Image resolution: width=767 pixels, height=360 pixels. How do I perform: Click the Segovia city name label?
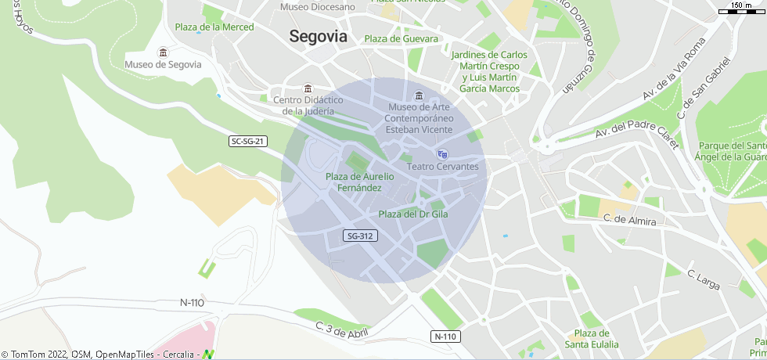coord(318,36)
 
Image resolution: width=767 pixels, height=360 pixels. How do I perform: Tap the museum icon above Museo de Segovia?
coord(163,52)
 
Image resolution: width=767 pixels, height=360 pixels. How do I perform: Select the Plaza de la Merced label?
coord(214,27)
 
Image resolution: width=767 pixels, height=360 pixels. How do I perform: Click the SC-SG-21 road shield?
coord(249,142)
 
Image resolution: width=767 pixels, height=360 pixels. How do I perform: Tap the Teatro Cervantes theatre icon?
coord(442,154)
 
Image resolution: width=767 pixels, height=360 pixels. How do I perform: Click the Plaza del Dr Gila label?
coord(412,214)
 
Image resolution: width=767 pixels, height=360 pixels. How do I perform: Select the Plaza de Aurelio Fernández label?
coord(359,182)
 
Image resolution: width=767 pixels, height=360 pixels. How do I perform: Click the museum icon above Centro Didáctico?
coord(308,88)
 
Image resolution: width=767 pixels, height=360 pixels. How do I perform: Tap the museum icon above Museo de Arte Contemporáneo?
coord(419,95)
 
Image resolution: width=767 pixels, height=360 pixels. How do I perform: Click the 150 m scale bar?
coord(740,9)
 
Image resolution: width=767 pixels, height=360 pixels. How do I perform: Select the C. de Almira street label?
coord(630,221)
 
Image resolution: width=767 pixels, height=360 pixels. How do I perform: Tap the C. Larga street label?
coord(702,280)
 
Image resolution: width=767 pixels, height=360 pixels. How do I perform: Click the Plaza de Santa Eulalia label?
coord(592,339)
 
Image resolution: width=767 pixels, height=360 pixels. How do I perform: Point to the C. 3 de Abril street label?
coord(341,328)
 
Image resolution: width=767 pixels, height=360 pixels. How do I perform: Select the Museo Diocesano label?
coord(318,7)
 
